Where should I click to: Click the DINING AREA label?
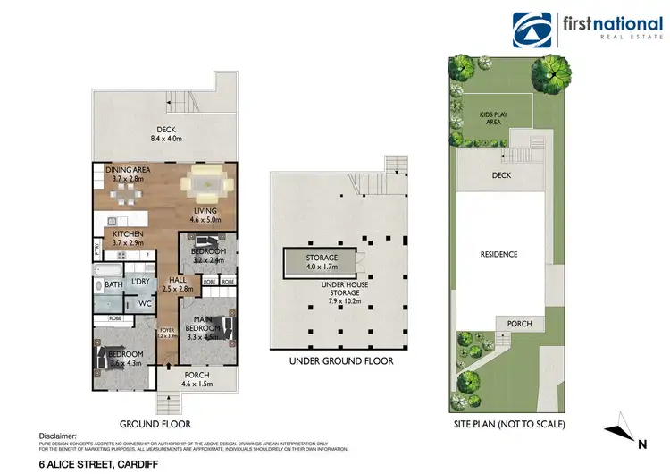(x=128, y=169)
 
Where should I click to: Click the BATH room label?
(x=113, y=284)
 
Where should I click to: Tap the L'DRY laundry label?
(x=141, y=283)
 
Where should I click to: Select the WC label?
(x=144, y=304)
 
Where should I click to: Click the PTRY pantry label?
(x=96, y=250)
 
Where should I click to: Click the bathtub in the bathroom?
(x=110, y=268)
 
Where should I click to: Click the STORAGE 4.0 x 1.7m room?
(x=322, y=262)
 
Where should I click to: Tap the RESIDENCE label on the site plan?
(x=499, y=255)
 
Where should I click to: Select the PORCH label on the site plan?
(x=519, y=324)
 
